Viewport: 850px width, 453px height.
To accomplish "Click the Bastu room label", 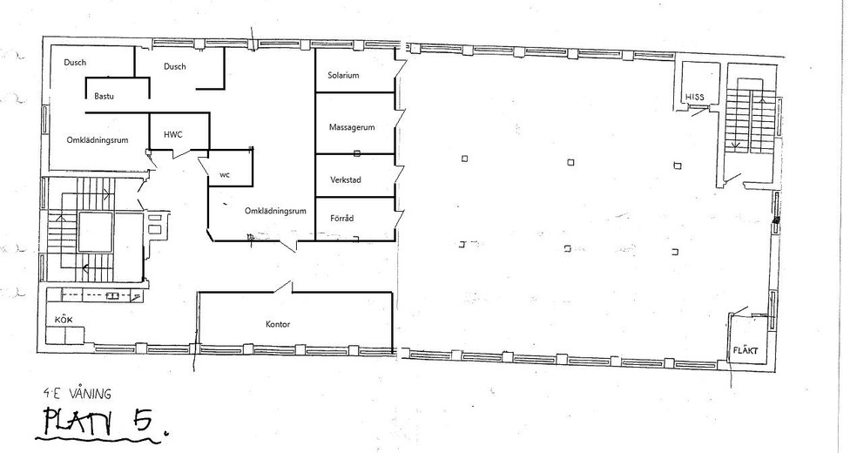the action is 105,97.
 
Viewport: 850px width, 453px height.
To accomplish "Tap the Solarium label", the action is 343,76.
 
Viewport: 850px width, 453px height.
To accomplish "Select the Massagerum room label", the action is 352,127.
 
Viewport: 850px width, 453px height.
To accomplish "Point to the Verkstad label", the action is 346,180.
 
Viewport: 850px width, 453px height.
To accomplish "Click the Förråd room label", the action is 342,218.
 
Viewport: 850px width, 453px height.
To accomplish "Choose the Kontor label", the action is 278,324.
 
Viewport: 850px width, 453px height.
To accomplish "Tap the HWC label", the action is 173,134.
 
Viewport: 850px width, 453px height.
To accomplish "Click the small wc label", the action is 225,175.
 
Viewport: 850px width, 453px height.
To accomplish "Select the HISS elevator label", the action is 695,97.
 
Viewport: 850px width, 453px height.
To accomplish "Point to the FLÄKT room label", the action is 745,350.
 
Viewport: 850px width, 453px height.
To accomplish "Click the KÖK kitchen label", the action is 64,320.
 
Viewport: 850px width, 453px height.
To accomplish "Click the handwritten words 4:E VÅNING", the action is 78,393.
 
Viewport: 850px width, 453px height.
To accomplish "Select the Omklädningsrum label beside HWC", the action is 98,140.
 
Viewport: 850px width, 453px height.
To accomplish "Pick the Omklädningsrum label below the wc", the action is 275,211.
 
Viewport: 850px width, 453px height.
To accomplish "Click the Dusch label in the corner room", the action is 75,63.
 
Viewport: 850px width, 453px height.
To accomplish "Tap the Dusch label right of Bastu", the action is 174,67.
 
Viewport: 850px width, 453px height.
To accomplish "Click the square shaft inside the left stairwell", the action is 96,233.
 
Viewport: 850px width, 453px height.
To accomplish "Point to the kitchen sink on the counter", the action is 112,296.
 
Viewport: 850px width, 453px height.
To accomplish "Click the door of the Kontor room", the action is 283,287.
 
